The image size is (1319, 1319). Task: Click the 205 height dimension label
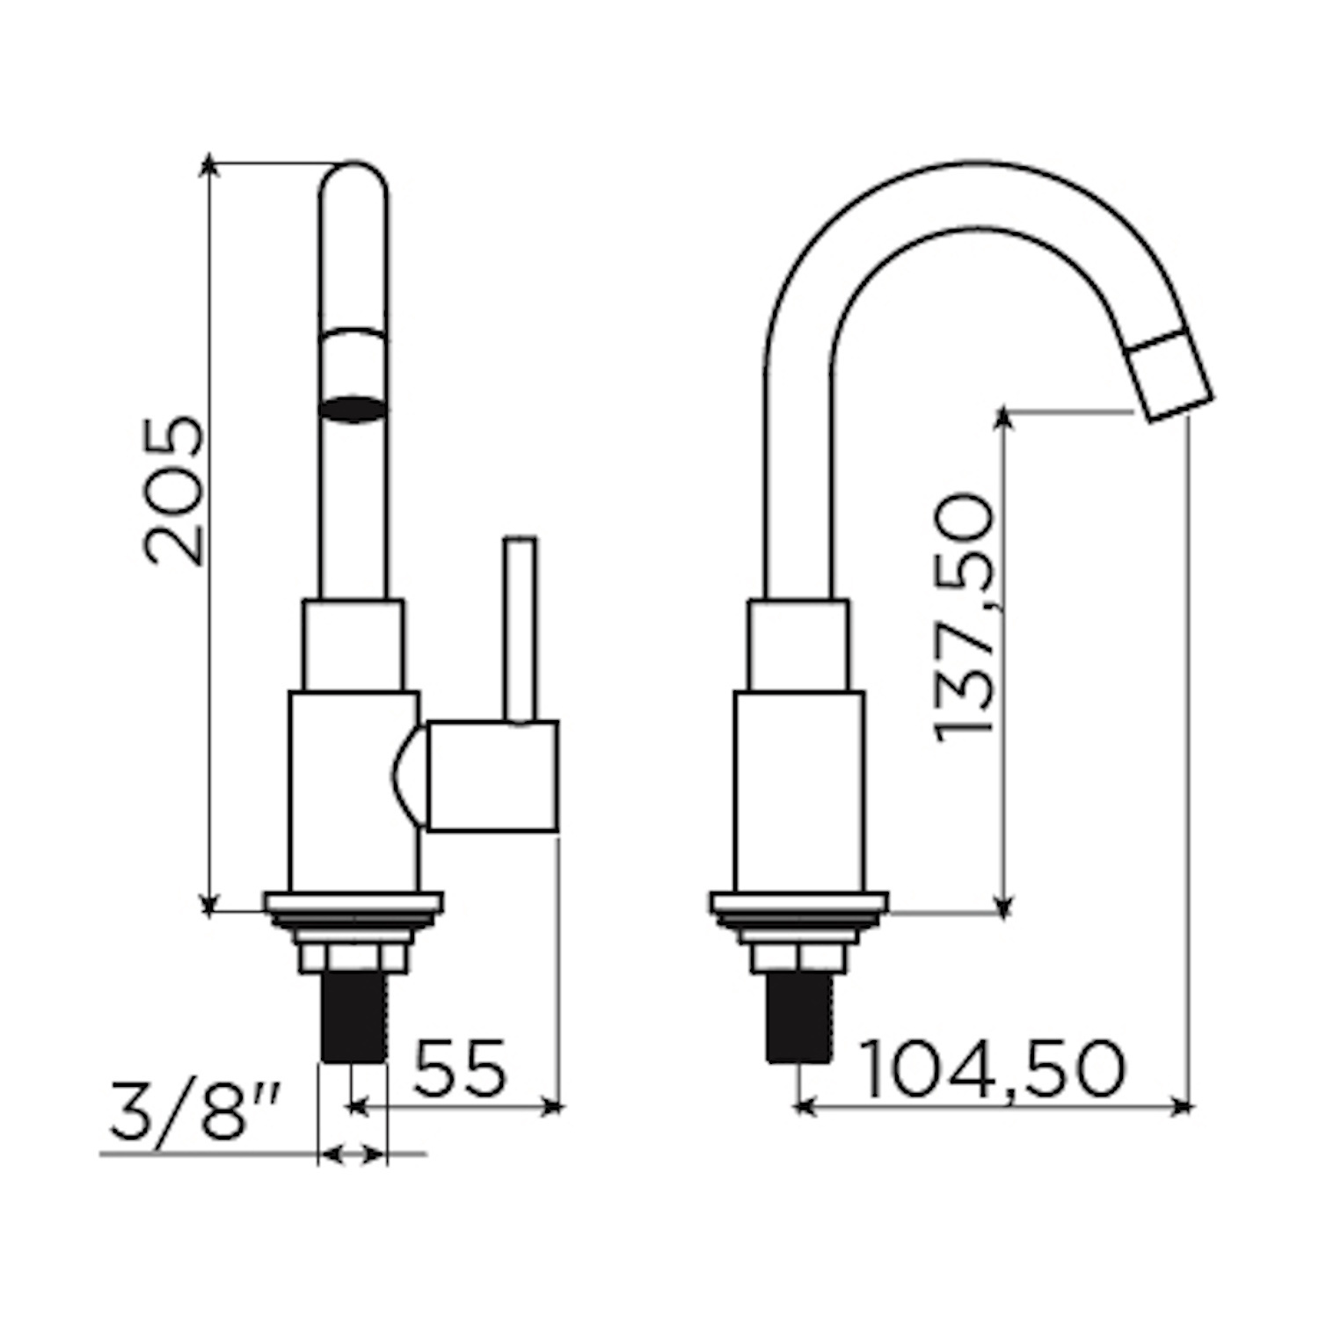tap(174, 490)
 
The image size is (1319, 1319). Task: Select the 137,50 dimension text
tap(965, 618)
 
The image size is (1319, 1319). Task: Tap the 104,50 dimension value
tap(992, 1068)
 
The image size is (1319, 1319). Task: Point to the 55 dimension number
tap(460, 1068)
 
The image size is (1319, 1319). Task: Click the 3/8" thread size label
tap(195, 1113)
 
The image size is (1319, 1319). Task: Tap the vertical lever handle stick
tap(520, 630)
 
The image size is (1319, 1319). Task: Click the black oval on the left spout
tap(353, 409)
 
